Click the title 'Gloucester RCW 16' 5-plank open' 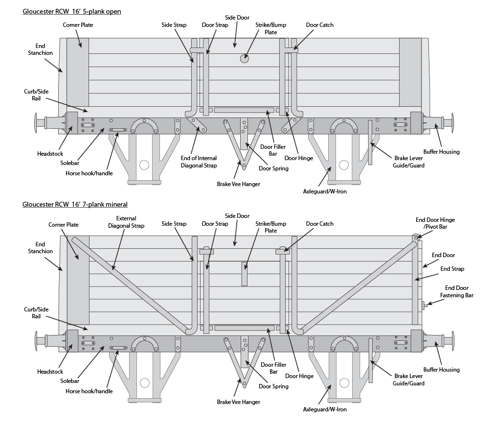point(71,11)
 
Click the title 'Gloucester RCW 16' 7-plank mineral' point(75,204)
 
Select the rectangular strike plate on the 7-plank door point(245,274)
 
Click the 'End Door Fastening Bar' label point(456,291)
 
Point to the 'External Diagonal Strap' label point(126,222)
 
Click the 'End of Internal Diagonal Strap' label point(198,162)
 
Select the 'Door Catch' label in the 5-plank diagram point(319,25)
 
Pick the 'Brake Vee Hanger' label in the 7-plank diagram point(238,402)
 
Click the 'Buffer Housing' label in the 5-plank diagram point(441,152)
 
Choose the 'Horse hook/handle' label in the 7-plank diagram point(89,391)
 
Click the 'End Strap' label point(452,269)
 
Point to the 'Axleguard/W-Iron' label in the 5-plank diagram point(325,191)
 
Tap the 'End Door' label point(443,255)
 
